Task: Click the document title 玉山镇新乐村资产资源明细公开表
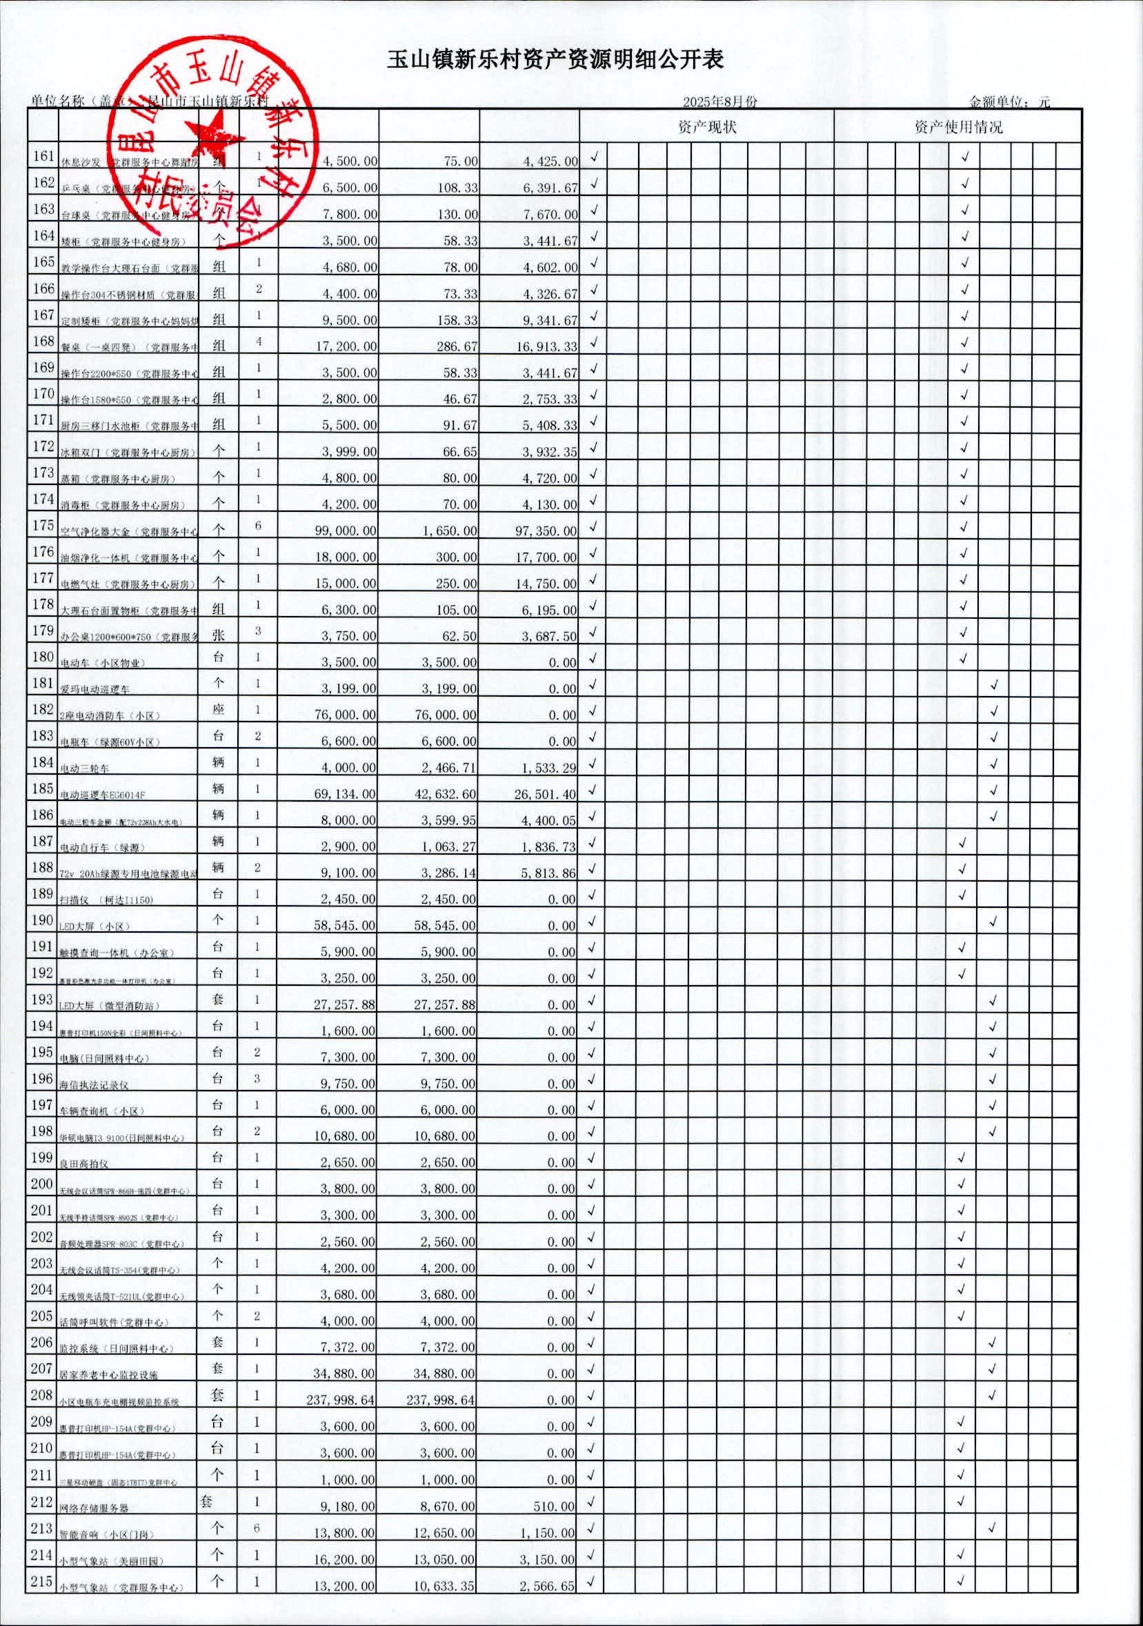pyautogui.click(x=555, y=59)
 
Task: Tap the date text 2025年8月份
pyautogui.click(x=719, y=101)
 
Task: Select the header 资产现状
pyautogui.click(x=707, y=128)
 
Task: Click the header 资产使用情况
pyautogui.click(x=957, y=128)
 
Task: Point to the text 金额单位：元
pyautogui.click(x=1008, y=102)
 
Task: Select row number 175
pyautogui.click(x=43, y=526)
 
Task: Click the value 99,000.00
pyautogui.click(x=348, y=531)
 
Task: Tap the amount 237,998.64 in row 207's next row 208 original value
pyautogui.click(x=341, y=1400)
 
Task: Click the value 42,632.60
pyautogui.click(x=446, y=795)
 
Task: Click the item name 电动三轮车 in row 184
pyautogui.click(x=84, y=769)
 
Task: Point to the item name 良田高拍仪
pyautogui.click(x=83, y=1164)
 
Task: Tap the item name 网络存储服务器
pyautogui.click(x=94, y=1509)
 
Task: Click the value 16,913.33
pyautogui.click(x=547, y=347)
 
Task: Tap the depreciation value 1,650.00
pyautogui.click(x=450, y=531)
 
